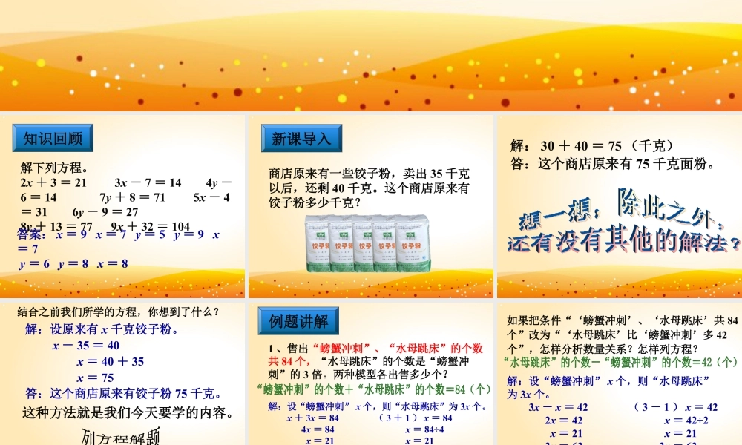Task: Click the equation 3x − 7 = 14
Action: [x=148, y=182]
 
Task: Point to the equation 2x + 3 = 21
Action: [x=53, y=182]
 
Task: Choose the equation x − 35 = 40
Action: [x=85, y=345]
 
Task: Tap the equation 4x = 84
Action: [x=317, y=429]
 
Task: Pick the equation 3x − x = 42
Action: [x=557, y=407]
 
